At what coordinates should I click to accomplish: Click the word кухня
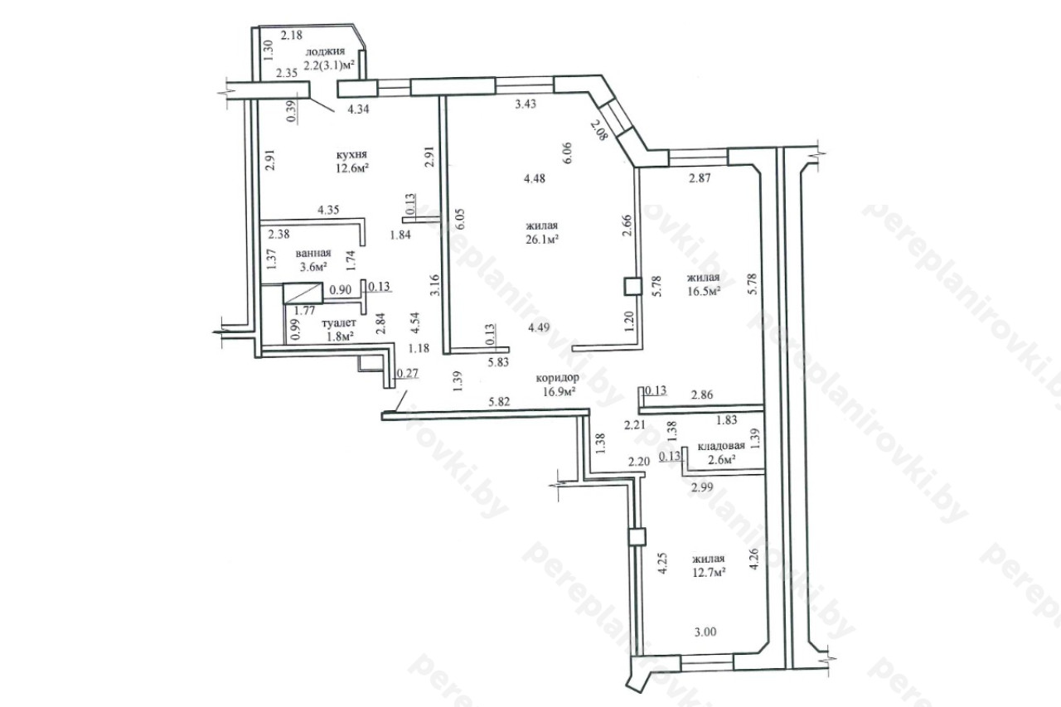(352, 155)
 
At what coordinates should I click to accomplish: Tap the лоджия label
(325, 51)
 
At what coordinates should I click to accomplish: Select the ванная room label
(313, 254)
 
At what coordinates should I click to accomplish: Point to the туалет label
(339, 323)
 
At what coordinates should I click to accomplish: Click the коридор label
(558, 378)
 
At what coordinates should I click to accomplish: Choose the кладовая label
(721, 446)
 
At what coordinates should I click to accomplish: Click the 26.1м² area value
(542, 240)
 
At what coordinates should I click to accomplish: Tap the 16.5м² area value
(705, 291)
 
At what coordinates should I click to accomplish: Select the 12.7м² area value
(709, 573)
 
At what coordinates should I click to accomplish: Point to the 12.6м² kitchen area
(352, 168)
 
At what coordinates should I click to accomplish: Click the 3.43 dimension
(526, 104)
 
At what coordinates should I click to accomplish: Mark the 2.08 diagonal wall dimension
(598, 130)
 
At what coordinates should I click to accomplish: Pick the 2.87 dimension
(700, 178)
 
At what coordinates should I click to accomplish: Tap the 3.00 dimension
(705, 632)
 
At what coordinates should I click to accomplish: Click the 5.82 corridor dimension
(499, 402)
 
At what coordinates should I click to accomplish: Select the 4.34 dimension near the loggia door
(359, 110)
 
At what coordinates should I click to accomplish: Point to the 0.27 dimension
(408, 374)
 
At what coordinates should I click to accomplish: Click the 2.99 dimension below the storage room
(702, 487)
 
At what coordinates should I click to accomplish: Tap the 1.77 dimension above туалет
(304, 311)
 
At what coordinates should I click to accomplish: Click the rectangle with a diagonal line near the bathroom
(303, 293)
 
